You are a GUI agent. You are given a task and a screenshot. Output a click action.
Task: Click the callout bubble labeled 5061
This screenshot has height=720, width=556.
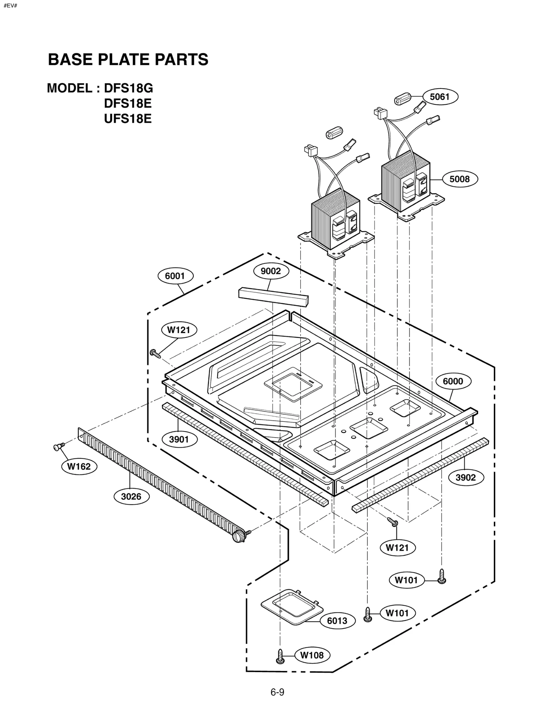pyautogui.click(x=440, y=97)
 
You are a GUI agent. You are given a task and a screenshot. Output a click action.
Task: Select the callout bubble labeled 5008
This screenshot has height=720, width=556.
pyautogui.click(x=459, y=179)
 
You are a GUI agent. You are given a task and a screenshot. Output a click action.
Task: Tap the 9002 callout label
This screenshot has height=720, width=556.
pyautogui.click(x=271, y=271)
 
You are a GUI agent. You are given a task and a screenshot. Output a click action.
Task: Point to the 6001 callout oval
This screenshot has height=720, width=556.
pyautogui.click(x=175, y=276)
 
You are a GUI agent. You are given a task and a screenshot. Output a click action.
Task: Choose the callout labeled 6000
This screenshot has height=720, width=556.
pyautogui.click(x=453, y=381)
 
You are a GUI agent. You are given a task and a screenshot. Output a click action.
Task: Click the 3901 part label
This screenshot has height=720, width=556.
pyautogui.click(x=179, y=439)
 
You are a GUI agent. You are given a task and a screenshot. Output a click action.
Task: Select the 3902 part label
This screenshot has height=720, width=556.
pyautogui.click(x=465, y=477)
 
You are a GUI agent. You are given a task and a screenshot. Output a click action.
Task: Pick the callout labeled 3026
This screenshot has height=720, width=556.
pyautogui.click(x=131, y=497)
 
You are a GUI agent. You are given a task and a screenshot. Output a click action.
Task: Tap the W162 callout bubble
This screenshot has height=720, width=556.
pyautogui.click(x=79, y=466)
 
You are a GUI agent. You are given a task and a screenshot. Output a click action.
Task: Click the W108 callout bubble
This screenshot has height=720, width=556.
pyautogui.click(x=312, y=655)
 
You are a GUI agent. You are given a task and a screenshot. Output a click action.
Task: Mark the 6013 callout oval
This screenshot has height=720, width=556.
pyautogui.click(x=337, y=621)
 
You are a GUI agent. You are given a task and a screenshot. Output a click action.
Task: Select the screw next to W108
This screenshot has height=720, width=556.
pyautogui.click(x=280, y=656)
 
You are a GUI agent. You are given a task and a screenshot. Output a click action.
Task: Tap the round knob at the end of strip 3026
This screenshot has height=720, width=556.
pyautogui.click(x=238, y=536)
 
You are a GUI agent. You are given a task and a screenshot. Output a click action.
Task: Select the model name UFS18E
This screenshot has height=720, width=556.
pyautogui.click(x=128, y=119)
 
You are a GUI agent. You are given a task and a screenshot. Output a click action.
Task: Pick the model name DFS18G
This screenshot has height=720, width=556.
pyautogui.click(x=128, y=89)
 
